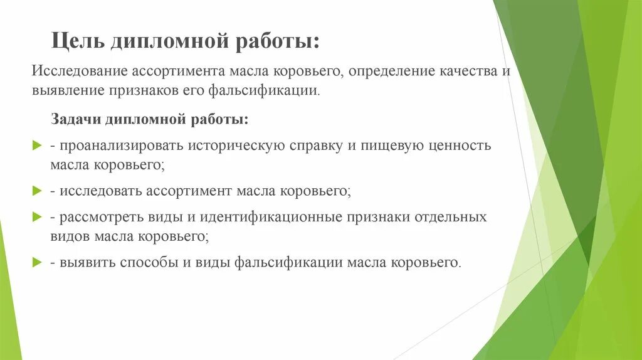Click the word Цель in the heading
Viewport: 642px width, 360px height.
tap(78, 42)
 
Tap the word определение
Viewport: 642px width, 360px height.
tap(393, 71)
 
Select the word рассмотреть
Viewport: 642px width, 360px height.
tap(99, 217)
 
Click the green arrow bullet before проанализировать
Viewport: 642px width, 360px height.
tap(36, 145)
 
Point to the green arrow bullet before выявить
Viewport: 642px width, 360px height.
tap(36, 262)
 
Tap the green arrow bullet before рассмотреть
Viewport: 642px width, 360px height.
tap(36, 216)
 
